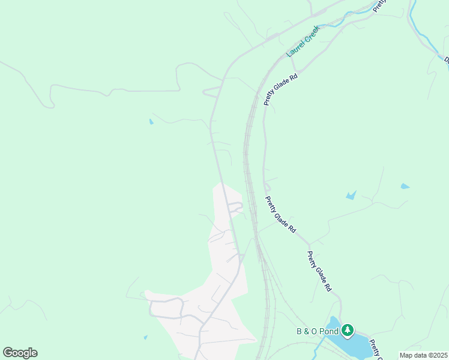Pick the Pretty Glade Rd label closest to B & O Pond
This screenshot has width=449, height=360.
tap(319, 271)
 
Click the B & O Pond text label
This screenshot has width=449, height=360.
tap(316, 331)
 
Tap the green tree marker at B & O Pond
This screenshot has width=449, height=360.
tap(348, 329)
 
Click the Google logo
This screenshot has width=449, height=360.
tap(20, 353)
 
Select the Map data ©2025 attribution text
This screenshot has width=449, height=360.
tap(423, 355)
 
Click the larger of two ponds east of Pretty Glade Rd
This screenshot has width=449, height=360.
tap(351, 195)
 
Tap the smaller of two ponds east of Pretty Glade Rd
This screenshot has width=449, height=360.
tap(405, 186)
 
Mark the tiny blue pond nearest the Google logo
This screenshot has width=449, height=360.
tap(146, 337)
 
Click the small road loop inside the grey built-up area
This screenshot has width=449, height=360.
tap(235, 208)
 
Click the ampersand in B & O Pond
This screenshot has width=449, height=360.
tap(308, 331)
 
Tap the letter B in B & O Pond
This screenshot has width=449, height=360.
tap(300, 331)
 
